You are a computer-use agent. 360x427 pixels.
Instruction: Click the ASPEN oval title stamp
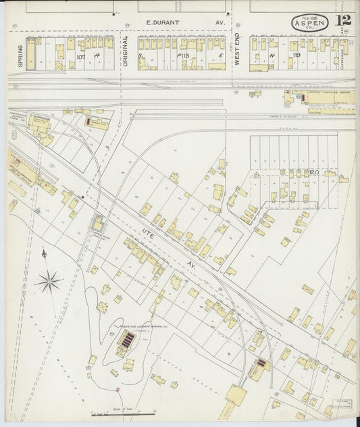coord(310,22)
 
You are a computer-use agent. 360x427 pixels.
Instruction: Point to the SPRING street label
coord(20,54)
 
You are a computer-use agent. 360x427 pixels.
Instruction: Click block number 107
coord(81,57)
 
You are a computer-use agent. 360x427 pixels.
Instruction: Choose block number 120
coord(314,172)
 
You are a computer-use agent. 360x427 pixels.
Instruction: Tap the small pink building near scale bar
coord(117,390)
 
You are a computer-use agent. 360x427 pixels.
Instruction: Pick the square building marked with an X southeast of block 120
coord(308,289)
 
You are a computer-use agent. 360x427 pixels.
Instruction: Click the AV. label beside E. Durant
coord(220,22)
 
